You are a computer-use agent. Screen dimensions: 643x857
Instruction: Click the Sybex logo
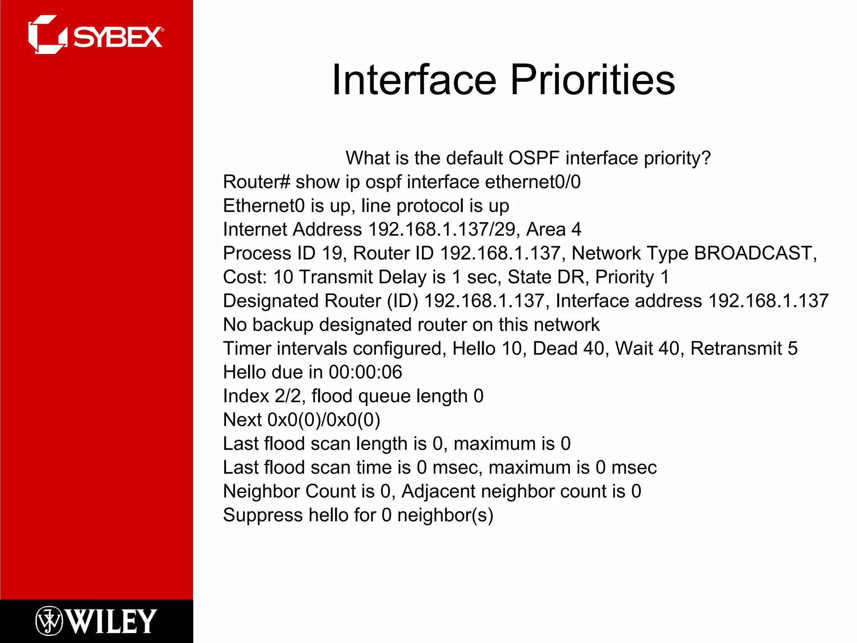pos(95,35)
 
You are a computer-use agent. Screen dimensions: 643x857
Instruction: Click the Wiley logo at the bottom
pos(96,621)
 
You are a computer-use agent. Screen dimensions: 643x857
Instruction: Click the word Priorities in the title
pos(592,80)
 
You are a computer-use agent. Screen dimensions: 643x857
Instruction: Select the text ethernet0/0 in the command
pos(532,182)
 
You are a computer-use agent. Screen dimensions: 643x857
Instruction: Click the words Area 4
pos(553,229)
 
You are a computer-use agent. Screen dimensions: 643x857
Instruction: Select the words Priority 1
pos(632,277)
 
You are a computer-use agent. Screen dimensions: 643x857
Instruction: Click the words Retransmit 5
pos(744,348)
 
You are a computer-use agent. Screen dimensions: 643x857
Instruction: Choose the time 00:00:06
pos(365,372)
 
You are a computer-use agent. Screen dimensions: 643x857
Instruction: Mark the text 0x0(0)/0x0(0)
pos(323,420)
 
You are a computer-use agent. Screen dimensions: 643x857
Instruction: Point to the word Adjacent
pos(438,491)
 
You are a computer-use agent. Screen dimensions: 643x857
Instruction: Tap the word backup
pos(282,325)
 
